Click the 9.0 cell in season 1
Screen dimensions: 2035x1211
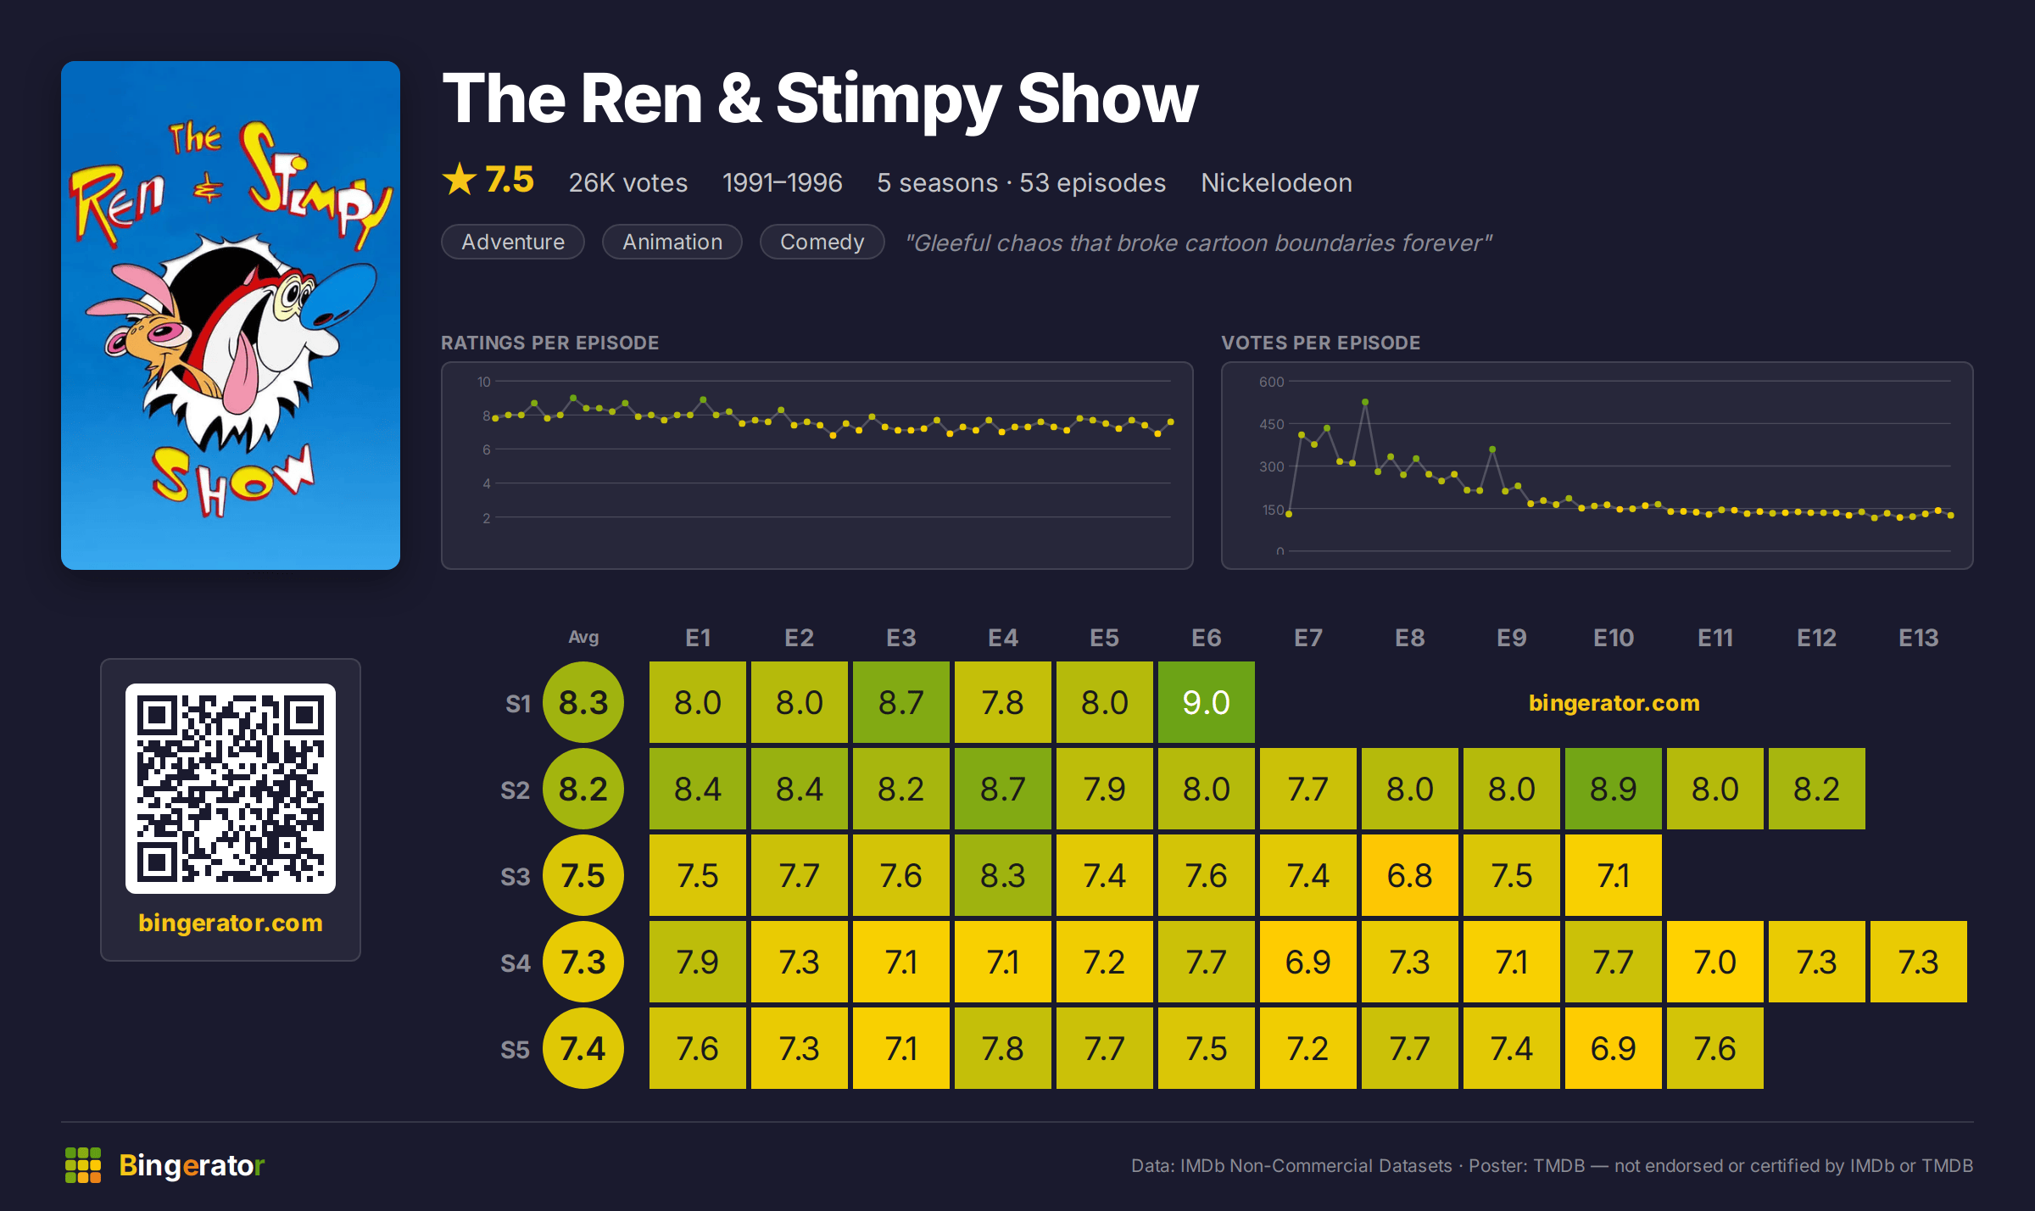[1206, 702]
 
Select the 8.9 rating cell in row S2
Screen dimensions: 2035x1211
[1613, 789]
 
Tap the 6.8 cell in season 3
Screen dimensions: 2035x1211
[1409, 875]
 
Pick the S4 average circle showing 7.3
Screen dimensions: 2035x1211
[583, 962]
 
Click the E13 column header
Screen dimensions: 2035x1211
[1918, 638]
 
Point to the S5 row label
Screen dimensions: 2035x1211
[516, 1049]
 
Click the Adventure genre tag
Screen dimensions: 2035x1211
[513, 242]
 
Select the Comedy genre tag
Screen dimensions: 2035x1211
[822, 242]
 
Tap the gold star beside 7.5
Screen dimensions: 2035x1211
[460, 179]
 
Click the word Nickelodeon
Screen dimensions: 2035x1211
[1276, 182]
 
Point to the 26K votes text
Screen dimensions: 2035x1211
[628, 182]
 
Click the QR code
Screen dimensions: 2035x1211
[231, 789]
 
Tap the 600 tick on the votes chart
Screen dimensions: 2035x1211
[1271, 382]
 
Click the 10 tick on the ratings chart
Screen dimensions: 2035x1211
[483, 382]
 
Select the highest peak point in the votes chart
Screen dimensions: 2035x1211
[1364, 402]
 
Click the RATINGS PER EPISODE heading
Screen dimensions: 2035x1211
[549, 343]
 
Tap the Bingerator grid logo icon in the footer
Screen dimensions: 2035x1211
[83, 1165]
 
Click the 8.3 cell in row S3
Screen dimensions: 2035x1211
[1002, 875]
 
